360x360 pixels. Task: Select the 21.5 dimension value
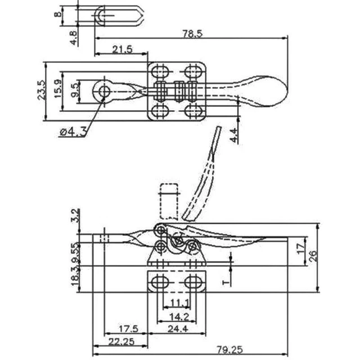coord(121,49)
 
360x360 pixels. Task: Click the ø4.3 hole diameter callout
coord(72,132)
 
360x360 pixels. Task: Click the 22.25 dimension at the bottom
coord(120,342)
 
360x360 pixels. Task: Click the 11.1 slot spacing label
coord(175,304)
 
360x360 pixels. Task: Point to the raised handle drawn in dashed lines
coord(205,174)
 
